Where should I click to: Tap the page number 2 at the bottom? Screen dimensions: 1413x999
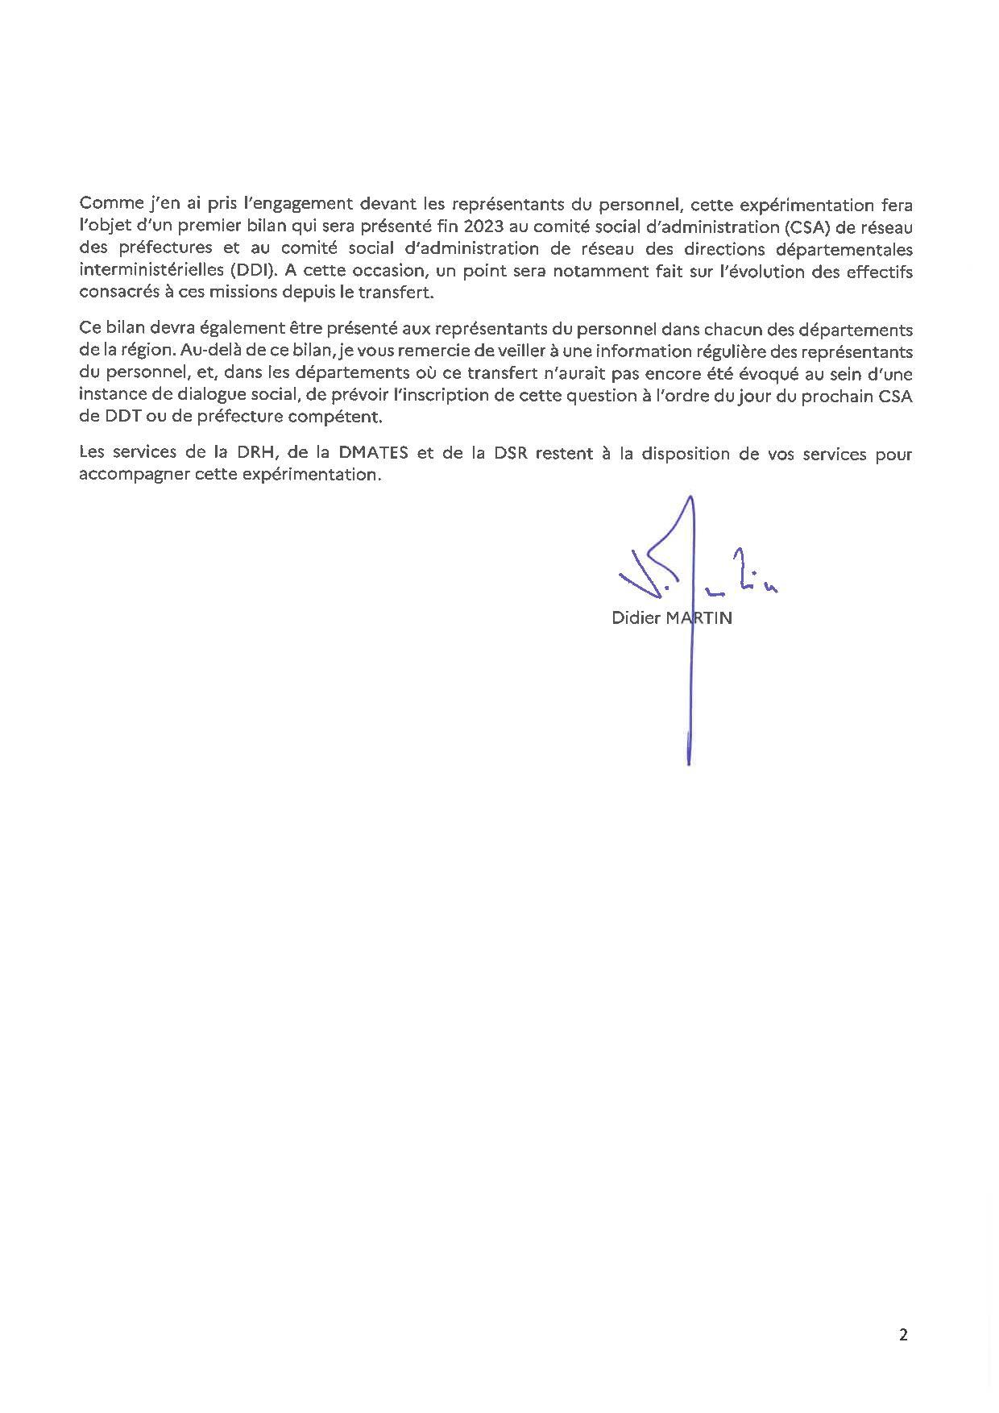[903, 1335]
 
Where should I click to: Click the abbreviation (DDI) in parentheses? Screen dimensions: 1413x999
[251, 271]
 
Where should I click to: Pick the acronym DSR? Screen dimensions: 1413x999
[509, 453]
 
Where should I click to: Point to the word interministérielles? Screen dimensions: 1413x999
[146, 271]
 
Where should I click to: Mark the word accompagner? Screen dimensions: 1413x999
[132, 475]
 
